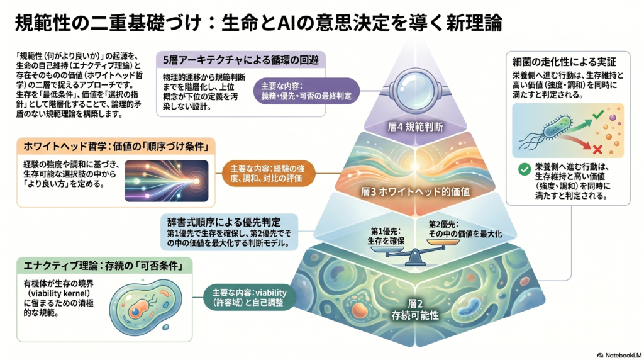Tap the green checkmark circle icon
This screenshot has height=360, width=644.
[524, 169]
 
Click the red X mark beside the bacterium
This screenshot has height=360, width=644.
[597, 149]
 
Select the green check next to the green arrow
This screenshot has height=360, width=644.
[599, 114]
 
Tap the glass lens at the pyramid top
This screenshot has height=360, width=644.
[415, 90]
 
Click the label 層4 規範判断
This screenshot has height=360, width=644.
[415, 127]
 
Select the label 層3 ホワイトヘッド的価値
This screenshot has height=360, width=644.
[415, 191]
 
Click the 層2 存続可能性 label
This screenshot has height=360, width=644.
[415, 310]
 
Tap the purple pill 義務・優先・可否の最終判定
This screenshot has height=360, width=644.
[306, 91]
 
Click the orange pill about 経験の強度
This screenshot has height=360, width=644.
[268, 174]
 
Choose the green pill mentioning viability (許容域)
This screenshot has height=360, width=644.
[249, 298]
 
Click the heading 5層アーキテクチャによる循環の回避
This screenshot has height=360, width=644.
[241, 60]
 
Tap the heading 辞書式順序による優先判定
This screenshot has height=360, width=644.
[224, 222]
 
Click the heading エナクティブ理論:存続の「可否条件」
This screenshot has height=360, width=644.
[103, 266]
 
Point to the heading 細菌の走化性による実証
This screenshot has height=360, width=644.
[564, 62]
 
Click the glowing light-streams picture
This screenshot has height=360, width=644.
[166, 181]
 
